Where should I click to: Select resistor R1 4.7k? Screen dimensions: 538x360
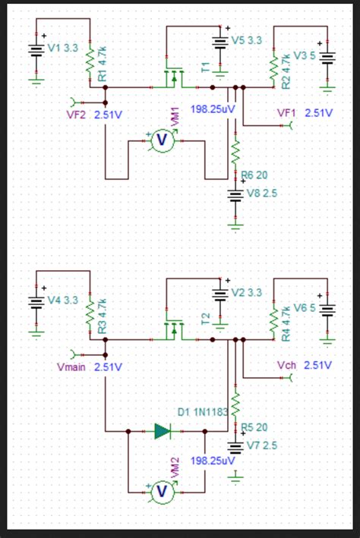point(90,59)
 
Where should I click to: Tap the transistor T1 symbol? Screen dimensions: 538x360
point(174,77)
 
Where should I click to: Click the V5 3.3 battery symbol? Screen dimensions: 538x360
point(220,42)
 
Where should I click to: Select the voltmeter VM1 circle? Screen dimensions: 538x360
point(161,140)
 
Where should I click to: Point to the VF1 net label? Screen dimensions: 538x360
point(287,112)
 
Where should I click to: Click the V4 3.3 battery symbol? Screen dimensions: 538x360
point(36,301)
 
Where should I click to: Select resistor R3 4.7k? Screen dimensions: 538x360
point(90,311)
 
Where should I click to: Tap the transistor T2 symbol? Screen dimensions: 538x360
point(174,329)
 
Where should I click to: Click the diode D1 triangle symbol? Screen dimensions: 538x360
point(163,431)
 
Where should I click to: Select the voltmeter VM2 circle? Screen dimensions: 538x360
point(161,492)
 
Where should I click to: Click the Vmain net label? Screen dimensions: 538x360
point(71,367)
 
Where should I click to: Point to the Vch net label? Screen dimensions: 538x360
point(287,365)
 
